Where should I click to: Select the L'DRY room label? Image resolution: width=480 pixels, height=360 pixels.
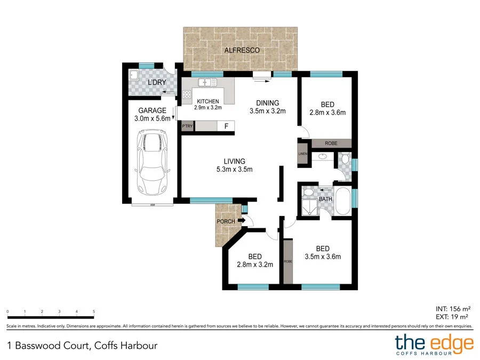tap(157, 83)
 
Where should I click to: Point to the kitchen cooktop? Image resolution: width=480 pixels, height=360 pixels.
tap(187, 94)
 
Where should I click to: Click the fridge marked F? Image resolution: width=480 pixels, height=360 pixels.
tap(226, 126)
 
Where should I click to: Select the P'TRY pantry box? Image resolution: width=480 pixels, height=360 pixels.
tap(187, 126)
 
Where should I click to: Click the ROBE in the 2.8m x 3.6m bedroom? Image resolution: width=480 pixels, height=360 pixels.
tap(331, 143)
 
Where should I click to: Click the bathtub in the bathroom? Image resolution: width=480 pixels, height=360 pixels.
tap(342, 201)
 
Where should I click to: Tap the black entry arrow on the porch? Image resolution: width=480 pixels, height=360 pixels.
tap(241, 220)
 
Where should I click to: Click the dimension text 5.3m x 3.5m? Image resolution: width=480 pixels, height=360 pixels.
tap(234, 170)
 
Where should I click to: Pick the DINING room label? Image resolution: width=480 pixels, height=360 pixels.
tap(268, 103)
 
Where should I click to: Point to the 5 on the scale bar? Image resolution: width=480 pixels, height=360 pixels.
tap(94, 311)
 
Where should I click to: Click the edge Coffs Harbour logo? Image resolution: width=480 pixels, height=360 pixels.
tap(433, 345)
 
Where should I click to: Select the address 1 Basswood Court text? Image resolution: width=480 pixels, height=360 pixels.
tap(82, 345)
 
